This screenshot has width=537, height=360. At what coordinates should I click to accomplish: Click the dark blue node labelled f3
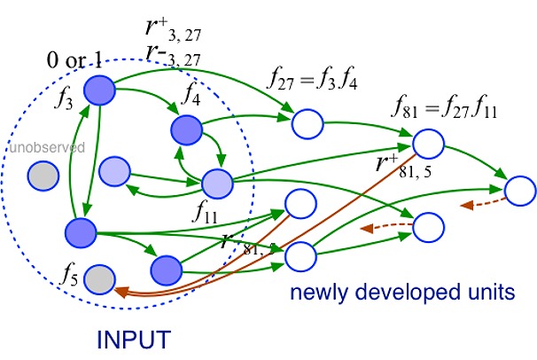(x=99, y=89)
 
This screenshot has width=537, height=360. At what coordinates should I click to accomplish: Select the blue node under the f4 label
(x=190, y=129)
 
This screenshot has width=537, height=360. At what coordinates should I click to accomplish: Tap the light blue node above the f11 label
(x=217, y=184)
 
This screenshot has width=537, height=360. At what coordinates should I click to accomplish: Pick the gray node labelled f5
(x=100, y=279)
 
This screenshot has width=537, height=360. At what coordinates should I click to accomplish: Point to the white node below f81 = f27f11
(x=427, y=143)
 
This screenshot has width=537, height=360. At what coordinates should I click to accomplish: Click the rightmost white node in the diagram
(x=519, y=190)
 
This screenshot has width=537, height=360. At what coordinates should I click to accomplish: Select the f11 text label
(x=206, y=214)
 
